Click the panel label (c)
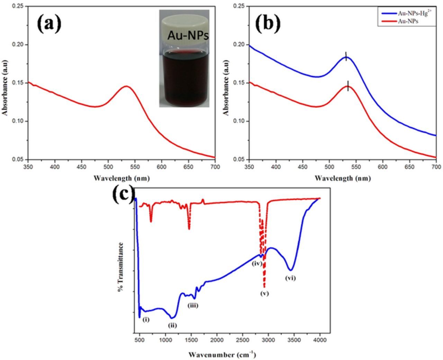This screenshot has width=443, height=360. pyautogui.click(x=123, y=195)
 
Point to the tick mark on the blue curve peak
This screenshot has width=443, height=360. pyautogui.click(x=345, y=56)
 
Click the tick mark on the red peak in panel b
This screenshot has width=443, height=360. pyautogui.click(x=348, y=85)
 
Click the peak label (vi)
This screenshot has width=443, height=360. pyautogui.click(x=290, y=278)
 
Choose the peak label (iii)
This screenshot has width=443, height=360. pyautogui.click(x=193, y=305)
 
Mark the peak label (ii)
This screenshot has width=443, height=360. pyautogui.click(x=172, y=325)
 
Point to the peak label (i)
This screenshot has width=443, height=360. pyautogui.click(x=146, y=319)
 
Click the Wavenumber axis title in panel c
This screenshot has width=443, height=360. pyautogui.click(x=222, y=354)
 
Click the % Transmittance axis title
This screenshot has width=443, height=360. pyautogui.click(x=121, y=267)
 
